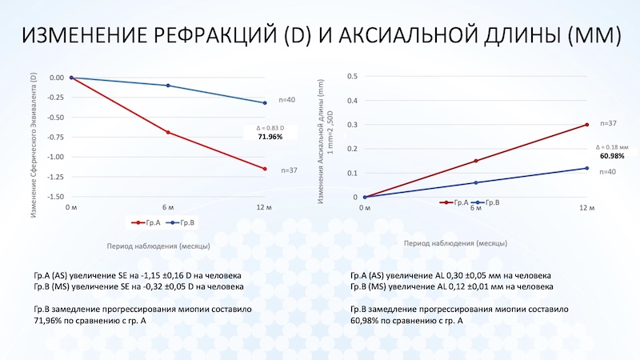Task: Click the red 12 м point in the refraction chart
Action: tap(265, 169)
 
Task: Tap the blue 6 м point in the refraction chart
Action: tap(168, 86)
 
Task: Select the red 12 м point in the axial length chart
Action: tap(587, 125)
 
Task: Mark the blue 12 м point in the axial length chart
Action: tap(587, 168)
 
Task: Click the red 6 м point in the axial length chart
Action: tap(476, 161)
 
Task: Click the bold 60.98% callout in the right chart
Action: tap(612, 155)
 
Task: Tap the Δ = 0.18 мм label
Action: tap(613, 146)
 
